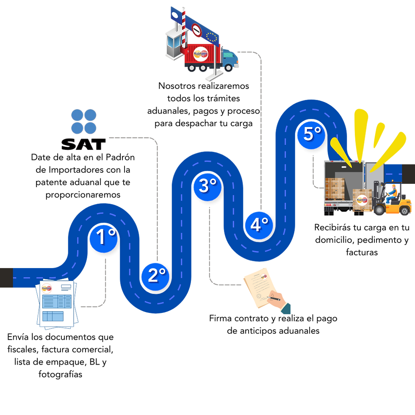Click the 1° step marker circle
click(x=102, y=238)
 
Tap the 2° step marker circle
click(x=155, y=276)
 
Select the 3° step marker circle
click(x=207, y=185)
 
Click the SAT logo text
click(x=83, y=145)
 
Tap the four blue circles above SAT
click(x=83, y=121)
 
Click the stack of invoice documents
click(x=56, y=304)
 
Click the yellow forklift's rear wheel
click(x=405, y=210)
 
